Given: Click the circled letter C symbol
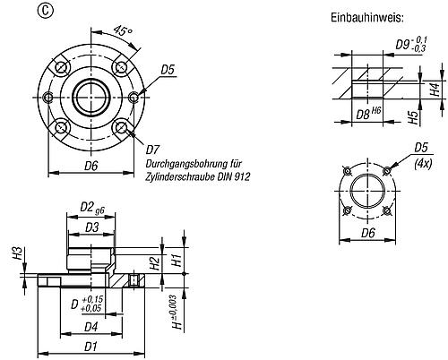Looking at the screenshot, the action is (45, 11).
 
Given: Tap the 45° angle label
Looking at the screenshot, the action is (122, 30).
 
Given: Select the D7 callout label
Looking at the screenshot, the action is (152, 150).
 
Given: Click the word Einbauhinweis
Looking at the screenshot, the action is (367, 18).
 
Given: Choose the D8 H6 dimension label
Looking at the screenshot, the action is (368, 114).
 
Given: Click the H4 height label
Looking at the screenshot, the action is (436, 89).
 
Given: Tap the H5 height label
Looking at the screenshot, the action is (413, 117).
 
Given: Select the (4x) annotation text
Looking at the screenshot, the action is (423, 164).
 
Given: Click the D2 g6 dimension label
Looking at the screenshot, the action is (92, 208).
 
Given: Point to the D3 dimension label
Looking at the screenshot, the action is (91, 227).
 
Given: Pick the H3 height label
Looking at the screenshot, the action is (19, 253).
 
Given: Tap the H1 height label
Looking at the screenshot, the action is (177, 260).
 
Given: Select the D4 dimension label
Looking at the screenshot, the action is (91, 327).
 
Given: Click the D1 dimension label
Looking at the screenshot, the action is (90, 347).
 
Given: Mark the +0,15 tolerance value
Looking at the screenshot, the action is (91, 299).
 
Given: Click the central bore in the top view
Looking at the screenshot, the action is (90, 97).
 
